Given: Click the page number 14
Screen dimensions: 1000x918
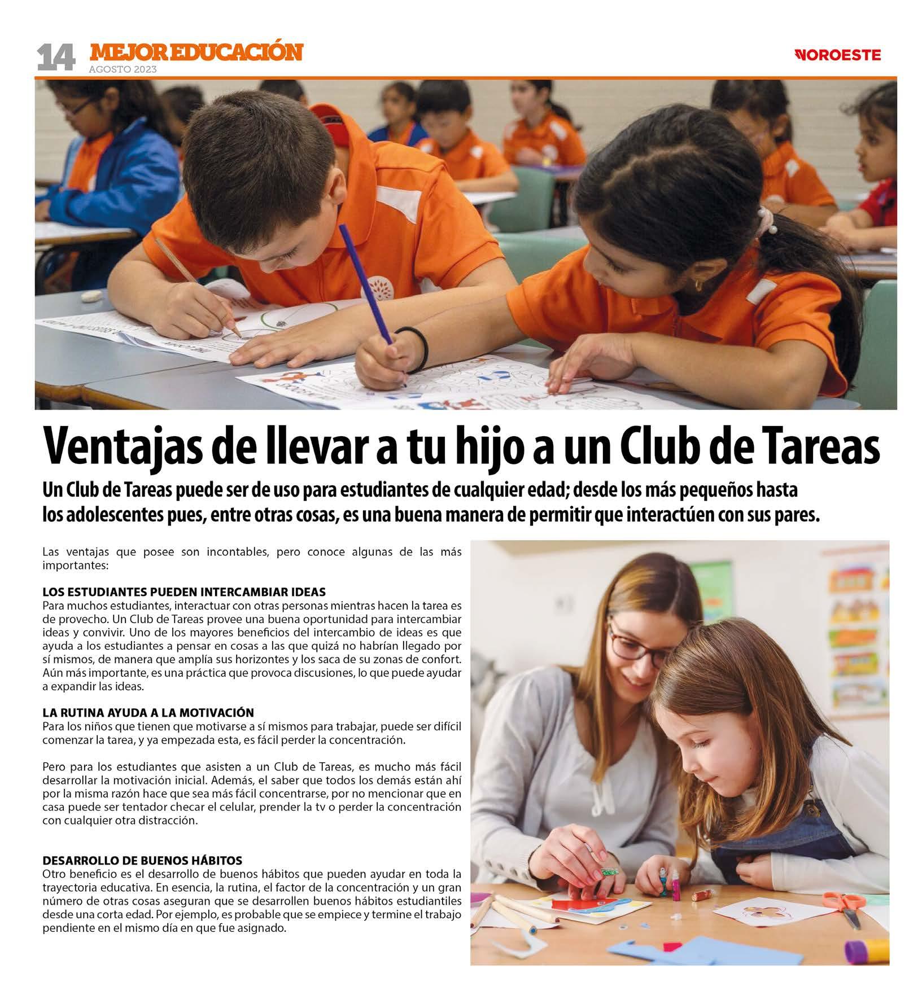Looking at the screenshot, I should (x=55, y=58).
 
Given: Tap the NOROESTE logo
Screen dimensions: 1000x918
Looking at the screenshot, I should (x=837, y=55).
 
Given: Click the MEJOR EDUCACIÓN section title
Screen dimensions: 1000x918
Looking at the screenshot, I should (x=196, y=52).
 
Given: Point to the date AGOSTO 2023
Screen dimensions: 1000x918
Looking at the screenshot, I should (x=123, y=70).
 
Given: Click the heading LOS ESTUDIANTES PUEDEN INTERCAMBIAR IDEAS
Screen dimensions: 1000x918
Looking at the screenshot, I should (x=184, y=592).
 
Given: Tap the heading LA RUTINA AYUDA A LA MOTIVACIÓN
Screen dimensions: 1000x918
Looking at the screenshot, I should (x=148, y=712).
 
